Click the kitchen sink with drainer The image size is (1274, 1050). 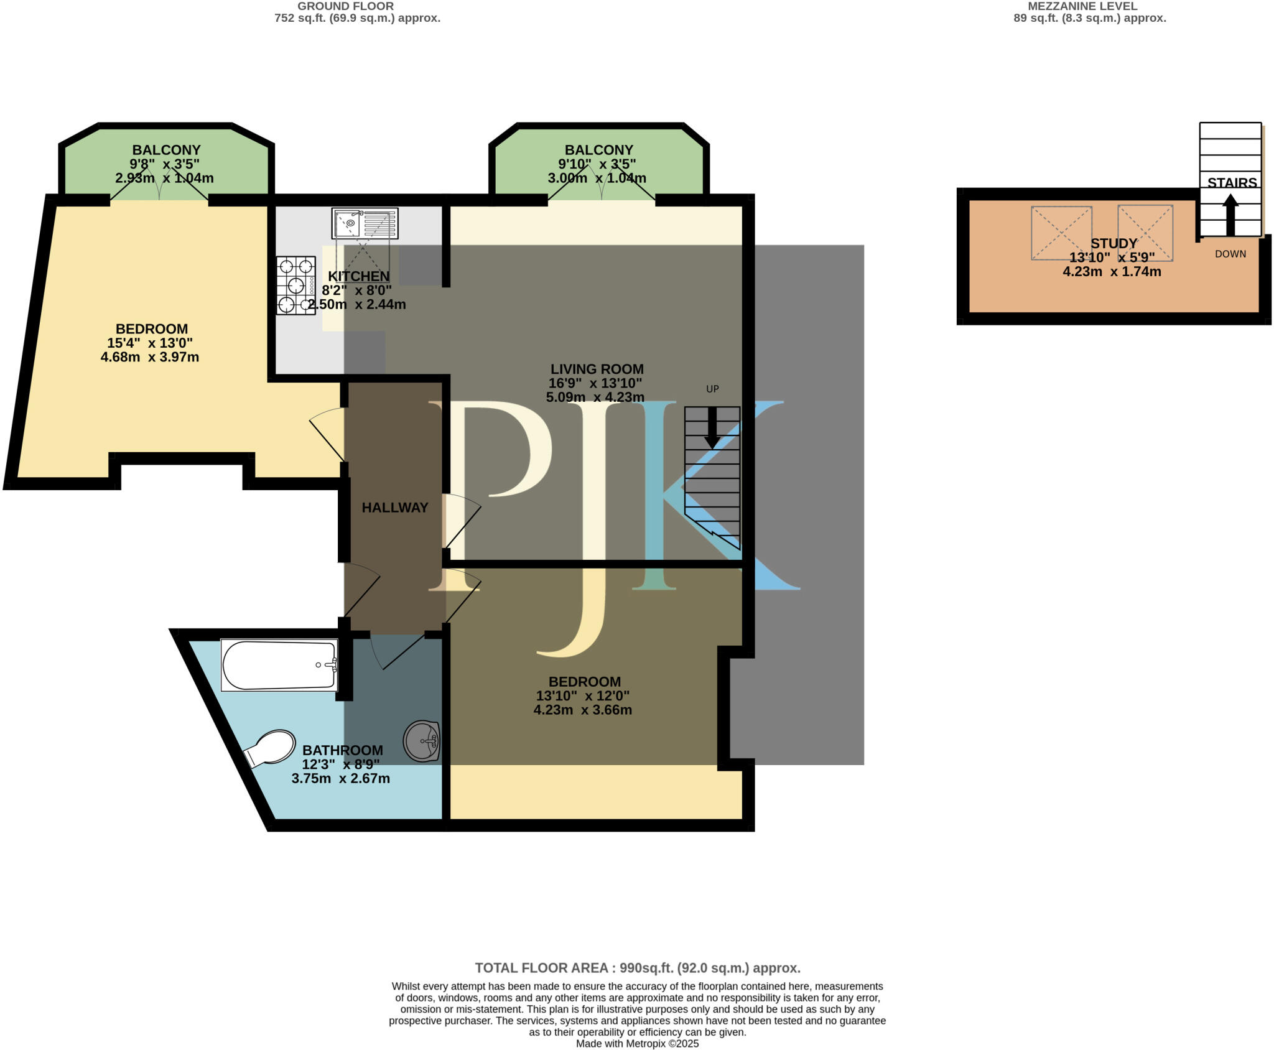point(365,223)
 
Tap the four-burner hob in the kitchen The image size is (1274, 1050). point(296,286)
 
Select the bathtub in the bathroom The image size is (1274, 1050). point(279,665)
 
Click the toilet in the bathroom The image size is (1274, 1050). point(271,748)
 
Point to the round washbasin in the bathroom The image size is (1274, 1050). point(422,741)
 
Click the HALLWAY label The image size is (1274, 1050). point(395,508)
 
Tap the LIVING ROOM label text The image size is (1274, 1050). point(597,369)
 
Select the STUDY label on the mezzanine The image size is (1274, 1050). point(1114,243)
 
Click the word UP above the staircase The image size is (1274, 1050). point(712,389)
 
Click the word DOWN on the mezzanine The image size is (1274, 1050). point(1230,254)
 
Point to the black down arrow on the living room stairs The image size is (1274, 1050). point(712,428)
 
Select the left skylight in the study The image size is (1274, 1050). point(1061,233)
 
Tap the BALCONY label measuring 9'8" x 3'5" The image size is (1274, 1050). point(166,150)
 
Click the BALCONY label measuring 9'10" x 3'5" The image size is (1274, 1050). point(598,150)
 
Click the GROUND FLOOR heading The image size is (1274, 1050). point(345,6)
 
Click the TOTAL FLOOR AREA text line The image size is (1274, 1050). point(638,968)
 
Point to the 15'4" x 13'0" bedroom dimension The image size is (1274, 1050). point(150,343)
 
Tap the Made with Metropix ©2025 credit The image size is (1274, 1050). point(637,1044)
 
